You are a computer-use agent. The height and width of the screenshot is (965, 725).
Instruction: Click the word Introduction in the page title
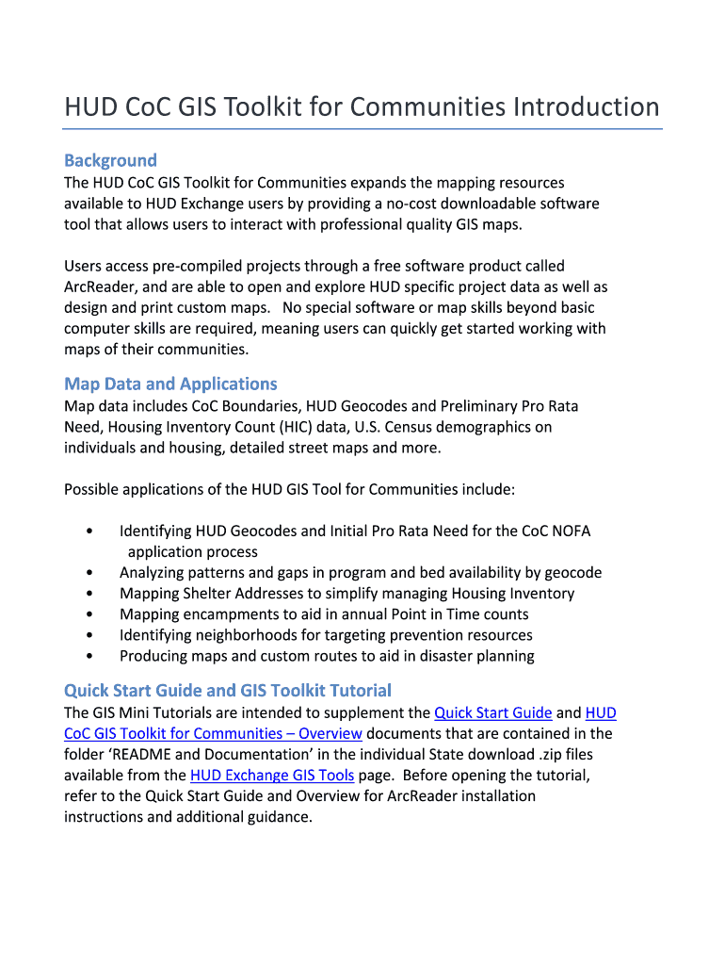click(586, 106)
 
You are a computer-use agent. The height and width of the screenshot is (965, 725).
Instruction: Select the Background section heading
click(110, 160)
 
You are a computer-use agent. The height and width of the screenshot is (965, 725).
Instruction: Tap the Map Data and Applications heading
click(170, 384)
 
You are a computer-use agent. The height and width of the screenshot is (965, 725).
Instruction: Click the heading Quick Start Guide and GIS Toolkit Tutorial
click(227, 690)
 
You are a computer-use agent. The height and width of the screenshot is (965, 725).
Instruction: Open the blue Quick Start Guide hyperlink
click(492, 712)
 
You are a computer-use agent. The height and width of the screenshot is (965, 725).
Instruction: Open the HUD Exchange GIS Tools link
click(272, 775)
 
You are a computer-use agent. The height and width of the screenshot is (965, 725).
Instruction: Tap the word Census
click(411, 427)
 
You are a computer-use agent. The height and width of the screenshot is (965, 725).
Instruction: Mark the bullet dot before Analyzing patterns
click(89, 573)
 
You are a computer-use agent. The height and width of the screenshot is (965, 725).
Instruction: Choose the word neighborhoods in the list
click(238, 635)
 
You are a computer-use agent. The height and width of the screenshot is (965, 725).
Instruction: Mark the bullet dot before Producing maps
click(89, 656)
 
